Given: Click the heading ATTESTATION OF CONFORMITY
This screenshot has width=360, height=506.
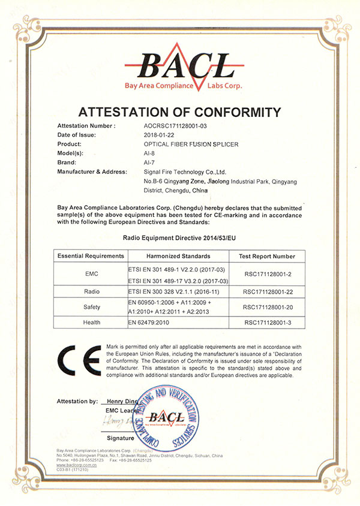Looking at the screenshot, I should click(x=181, y=112).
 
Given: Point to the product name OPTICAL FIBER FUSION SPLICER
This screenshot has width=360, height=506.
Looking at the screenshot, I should click(x=190, y=144).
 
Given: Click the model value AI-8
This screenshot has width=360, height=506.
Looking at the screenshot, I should click(x=151, y=153).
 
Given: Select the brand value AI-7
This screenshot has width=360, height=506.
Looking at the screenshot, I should click(x=151, y=162).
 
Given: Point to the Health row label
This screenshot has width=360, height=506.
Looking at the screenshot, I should click(x=91, y=323).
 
